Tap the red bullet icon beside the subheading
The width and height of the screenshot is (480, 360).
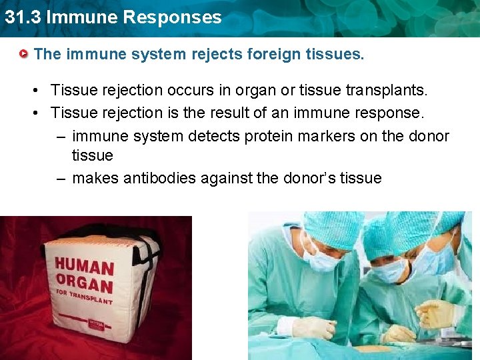coord(24,53)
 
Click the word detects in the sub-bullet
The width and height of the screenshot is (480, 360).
coord(217,136)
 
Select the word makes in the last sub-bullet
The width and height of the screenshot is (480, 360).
coord(92,178)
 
